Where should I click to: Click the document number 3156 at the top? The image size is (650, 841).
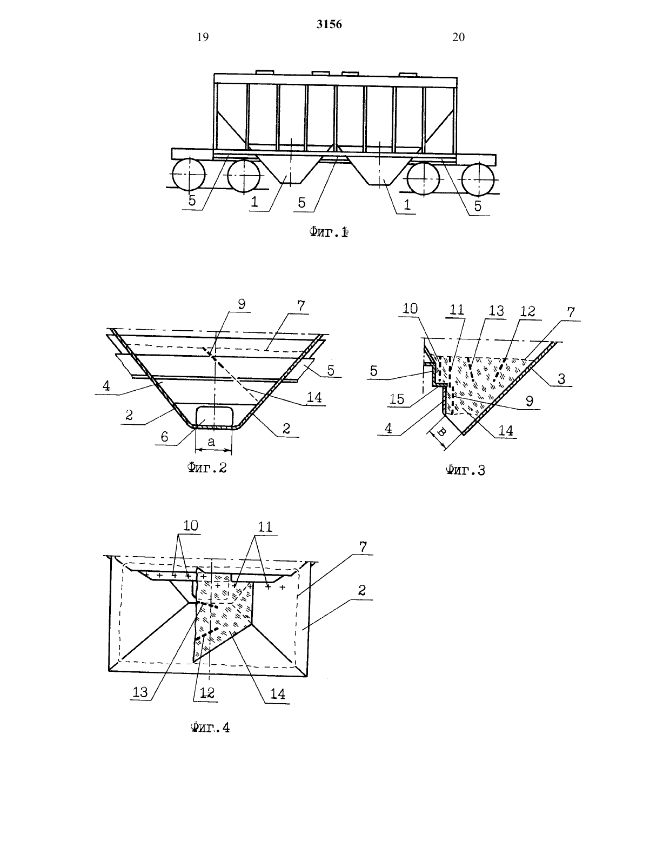tap(329, 24)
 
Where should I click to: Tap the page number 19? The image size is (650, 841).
tap(203, 37)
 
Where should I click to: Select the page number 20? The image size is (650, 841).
tap(459, 37)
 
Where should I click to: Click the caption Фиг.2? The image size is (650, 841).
tap(207, 468)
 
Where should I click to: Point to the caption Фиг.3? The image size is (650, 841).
tap(465, 470)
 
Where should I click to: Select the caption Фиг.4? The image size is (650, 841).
tap(211, 727)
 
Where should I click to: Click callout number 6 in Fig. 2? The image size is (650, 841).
tap(164, 437)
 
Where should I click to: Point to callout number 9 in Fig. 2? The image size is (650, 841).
tap(242, 304)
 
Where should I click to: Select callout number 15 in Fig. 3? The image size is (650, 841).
tap(397, 399)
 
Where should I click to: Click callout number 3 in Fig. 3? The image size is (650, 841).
tap(561, 378)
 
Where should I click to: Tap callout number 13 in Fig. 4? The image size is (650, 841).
tap(140, 691)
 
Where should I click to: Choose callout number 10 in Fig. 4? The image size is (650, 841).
tap(190, 525)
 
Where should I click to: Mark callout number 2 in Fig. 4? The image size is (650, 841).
tap(362, 590)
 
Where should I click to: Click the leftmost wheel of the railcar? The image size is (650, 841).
tap(189, 174)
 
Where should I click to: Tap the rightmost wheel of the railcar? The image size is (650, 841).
tap(478, 179)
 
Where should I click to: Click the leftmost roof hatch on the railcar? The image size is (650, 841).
tap(265, 72)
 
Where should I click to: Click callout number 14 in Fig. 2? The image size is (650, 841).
tap(314, 398)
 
